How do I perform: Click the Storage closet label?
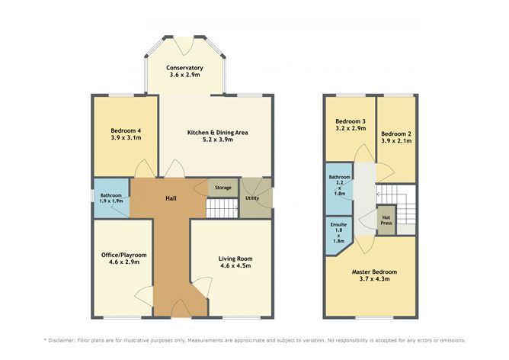coord(222,188)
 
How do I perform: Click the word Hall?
coord(172,198)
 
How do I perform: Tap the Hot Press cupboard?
coord(386,220)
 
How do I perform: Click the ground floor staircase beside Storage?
coord(222,207)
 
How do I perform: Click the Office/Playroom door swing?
coord(144,297)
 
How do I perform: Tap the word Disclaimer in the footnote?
coord(69,340)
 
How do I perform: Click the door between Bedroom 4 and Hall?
coord(142,170)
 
